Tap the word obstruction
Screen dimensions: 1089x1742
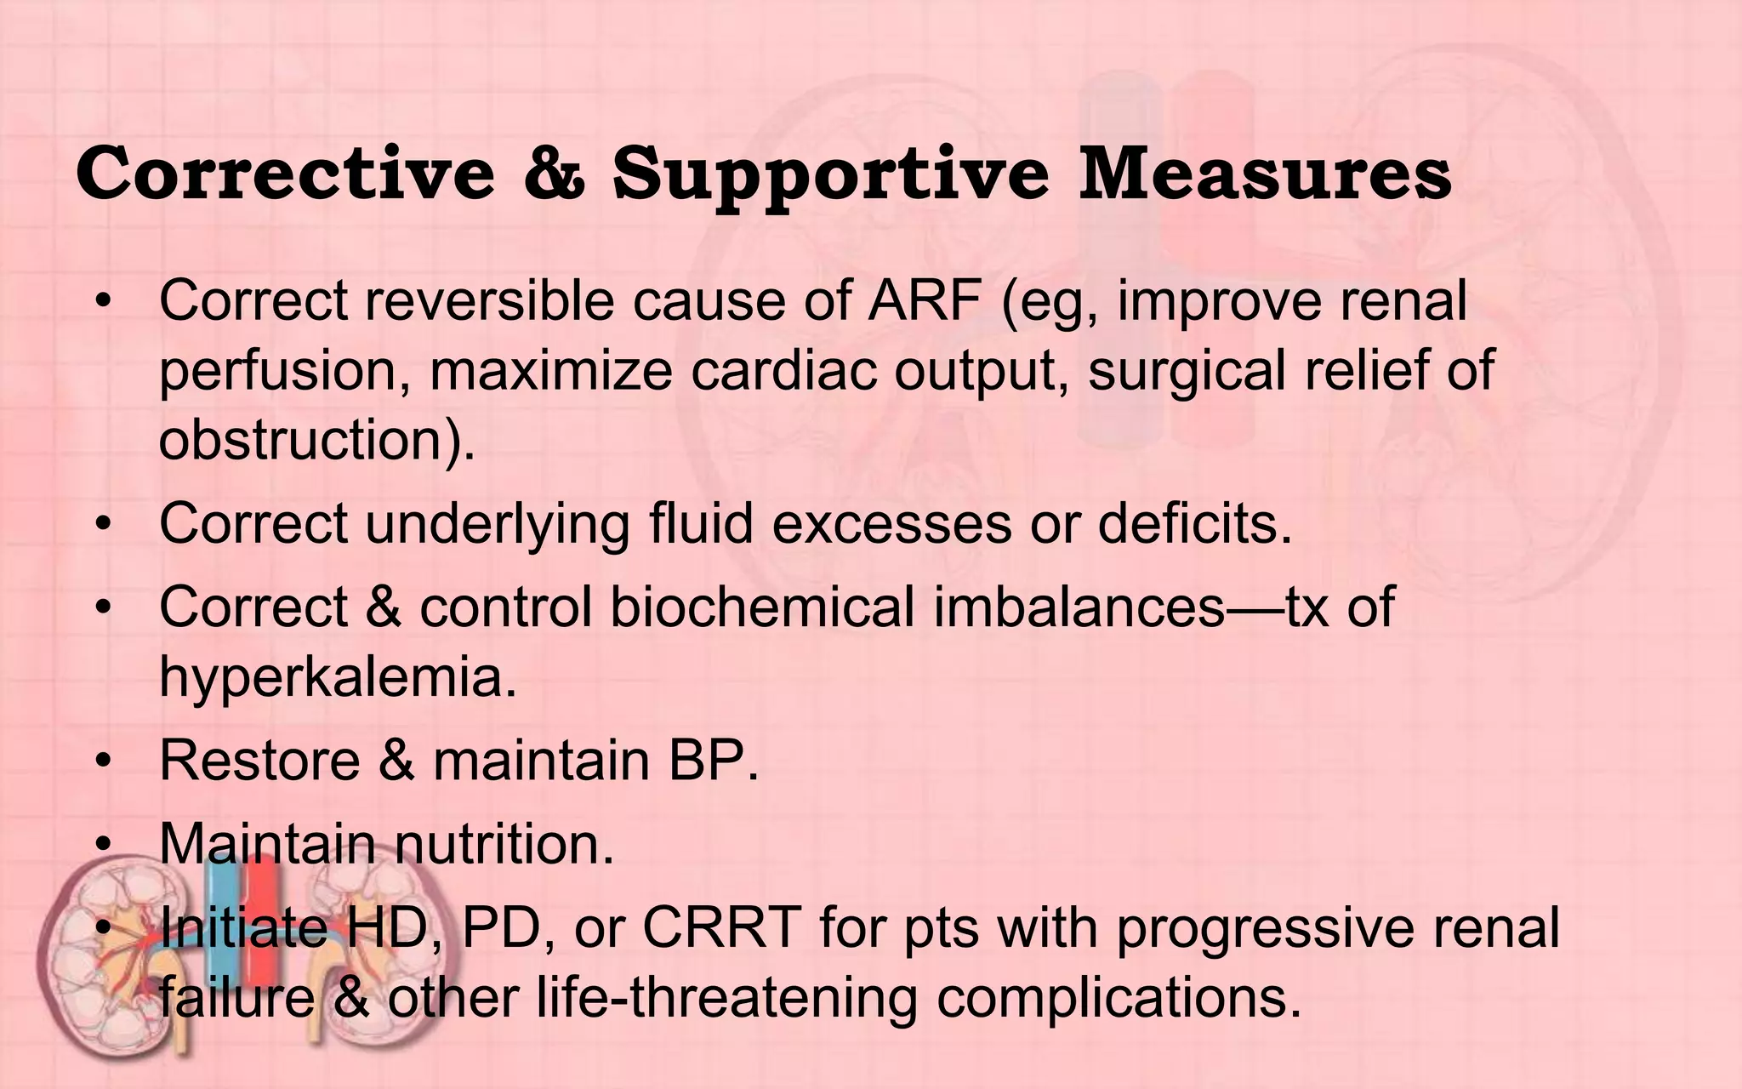[315, 440]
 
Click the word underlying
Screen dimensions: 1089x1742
[498, 525]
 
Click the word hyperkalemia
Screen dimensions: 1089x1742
[338, 678]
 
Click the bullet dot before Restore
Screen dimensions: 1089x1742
[104, 762]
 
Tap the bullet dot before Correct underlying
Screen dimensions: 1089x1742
[104, 526]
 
